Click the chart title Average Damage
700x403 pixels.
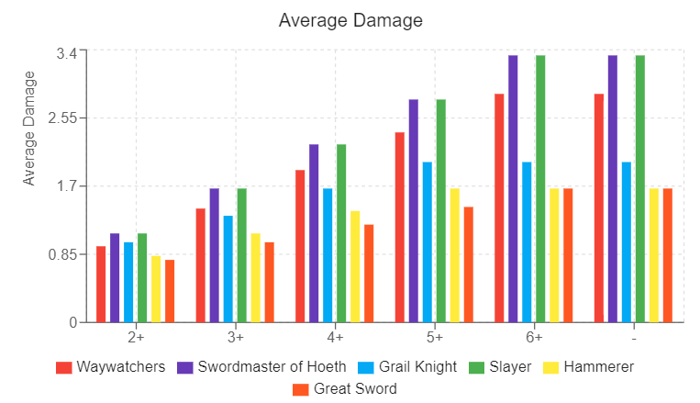point(350,20)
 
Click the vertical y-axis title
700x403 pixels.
point(29,128)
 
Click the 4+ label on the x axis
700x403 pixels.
point(335,337)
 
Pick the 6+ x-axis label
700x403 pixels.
point(535,337)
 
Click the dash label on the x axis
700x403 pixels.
point(635,337)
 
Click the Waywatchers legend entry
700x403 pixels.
point(120,367)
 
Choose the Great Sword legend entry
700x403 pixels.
point(355,389)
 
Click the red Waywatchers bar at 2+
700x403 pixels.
point(101,285)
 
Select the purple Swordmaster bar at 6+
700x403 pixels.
point(513,188)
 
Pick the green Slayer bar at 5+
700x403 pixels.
point(440,210)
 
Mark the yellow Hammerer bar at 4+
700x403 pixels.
point(355,266)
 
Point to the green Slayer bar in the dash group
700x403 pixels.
point(640,188)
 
